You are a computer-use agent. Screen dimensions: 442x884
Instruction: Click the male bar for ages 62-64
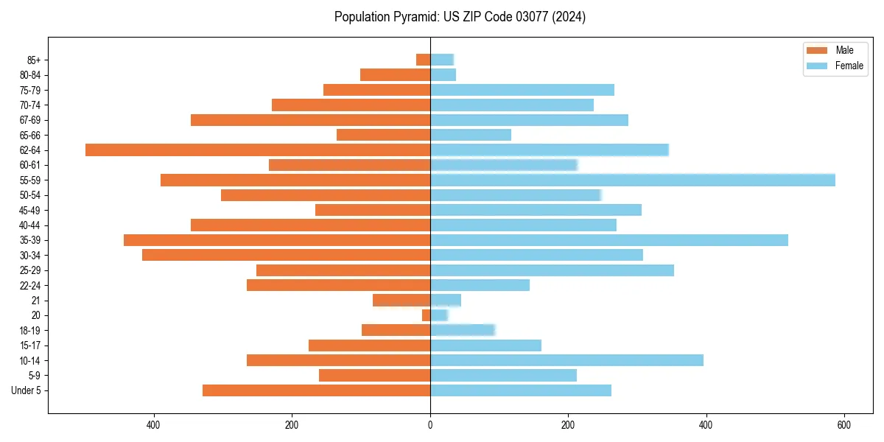pyautogui.click(x=258, y=150)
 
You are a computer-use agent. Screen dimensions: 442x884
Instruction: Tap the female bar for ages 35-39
pyautogui.click(x=608, y=240)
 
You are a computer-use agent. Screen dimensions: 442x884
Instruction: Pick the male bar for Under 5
pyautogui.click(x=316, y=390)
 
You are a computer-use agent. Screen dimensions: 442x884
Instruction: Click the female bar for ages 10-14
pyautogui.click(x=566, y=360)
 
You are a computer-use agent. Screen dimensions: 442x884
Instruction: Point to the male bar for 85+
pyautogui.click(x=424, y=60)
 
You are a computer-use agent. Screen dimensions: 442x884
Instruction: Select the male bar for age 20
pyautogui.click(x=427, y=315)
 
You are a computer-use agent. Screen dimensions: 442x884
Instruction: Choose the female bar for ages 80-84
pyautogui.click(x=443, y=74)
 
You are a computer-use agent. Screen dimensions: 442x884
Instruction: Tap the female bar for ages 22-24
pyautogui.click(x=480, y=285)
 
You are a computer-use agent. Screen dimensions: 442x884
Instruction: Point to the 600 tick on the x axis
pyautogui.click(x=844, y=425)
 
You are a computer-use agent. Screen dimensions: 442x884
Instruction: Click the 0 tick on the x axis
pyautogui.click(x=430, y=425)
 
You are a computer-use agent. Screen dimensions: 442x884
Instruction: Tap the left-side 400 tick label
pyautogui.click(x=154, y=425)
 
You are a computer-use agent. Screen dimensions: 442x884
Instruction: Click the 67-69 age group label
pyautogui.click(x=30, y=120)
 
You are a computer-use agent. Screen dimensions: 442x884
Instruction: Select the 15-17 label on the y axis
pyautogui.click(x=30, y=345)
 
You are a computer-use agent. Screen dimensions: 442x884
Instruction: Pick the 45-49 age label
pyautogui.click(x=30, y=210)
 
